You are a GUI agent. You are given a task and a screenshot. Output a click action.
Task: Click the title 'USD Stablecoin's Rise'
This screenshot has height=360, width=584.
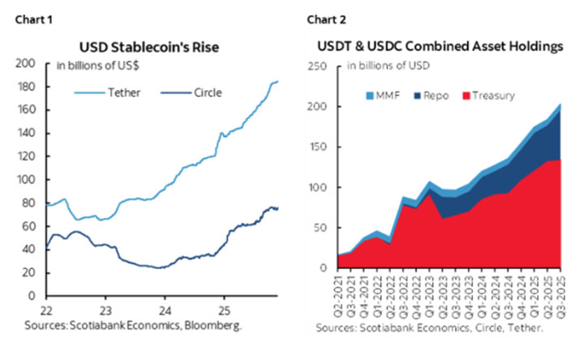(x=153, y=47)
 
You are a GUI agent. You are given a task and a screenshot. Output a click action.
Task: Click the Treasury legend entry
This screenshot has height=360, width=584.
(x=487, y=95)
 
